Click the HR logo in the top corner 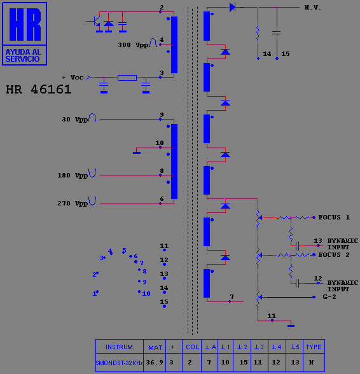pos(24,34)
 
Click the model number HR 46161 pos(39,90)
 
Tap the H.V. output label pos(312,8)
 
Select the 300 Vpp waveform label pos(133,45)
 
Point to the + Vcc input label pos(73,78)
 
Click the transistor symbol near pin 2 pos(96,22)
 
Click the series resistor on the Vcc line pos(127,78)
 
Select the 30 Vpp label pos(75,120)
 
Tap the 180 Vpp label pos(73,176)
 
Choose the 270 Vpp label pos(73,204)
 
